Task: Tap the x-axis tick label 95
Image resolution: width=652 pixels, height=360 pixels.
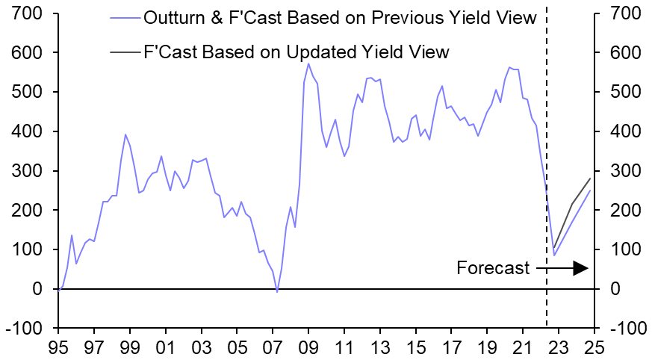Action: (x=58, y=348)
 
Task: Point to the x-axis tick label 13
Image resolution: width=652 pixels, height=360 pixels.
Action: (x=379, y=348)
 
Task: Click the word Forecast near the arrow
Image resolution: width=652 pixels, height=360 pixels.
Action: (x=493, y=268)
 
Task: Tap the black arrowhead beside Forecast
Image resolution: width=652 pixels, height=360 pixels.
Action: (x=581, y=268)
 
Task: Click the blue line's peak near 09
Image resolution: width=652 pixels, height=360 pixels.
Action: (x=308, y=63)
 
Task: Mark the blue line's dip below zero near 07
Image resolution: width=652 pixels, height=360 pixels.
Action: (x=277, y=291)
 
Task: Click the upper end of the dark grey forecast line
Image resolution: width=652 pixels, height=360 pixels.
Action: (x=590, y=179)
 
